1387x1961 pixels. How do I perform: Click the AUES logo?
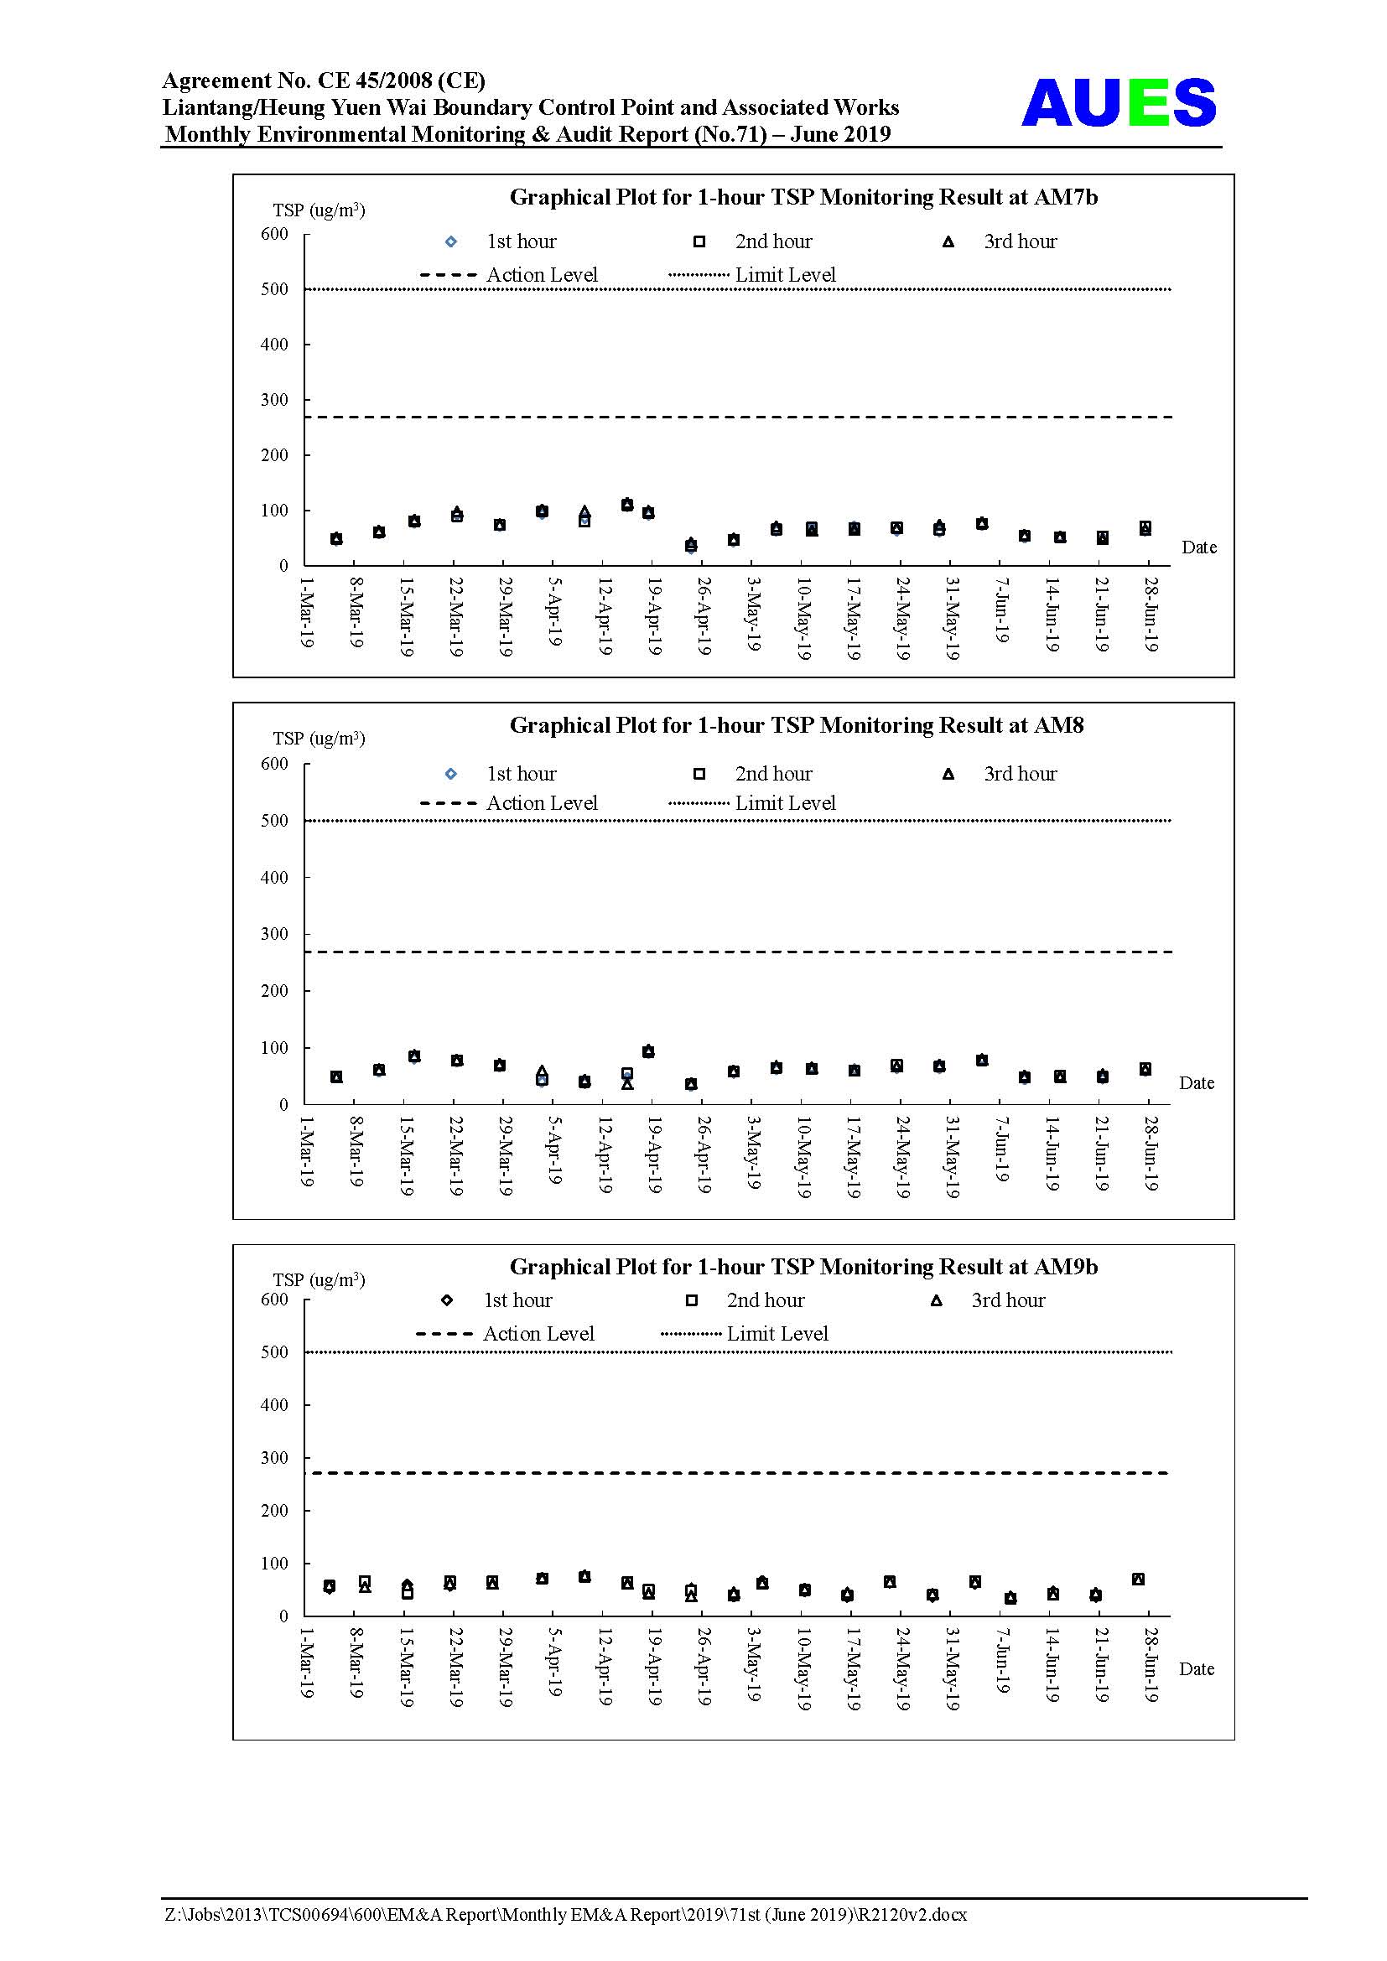pos(1118,102)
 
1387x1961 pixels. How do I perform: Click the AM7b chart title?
pos(803,197)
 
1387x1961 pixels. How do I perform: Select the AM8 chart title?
pos(797,725)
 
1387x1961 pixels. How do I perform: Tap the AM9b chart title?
pos(803,1267)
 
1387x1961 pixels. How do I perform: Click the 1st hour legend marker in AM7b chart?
pos(451,241)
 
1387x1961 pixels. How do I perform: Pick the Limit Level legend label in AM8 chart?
pos(785,803)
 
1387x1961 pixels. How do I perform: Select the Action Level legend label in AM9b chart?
pos(538,1334)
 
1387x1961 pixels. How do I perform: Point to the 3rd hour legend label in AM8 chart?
pos(1020,774)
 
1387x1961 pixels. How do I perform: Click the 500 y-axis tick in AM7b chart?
pos(274,289)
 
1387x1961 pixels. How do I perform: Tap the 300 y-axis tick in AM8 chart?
pos(274,934)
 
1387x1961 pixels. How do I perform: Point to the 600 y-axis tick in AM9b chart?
pos(274,1300)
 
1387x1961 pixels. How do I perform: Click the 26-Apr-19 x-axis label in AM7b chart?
pos(703,616)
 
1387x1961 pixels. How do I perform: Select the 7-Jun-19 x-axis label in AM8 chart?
pos(1001,1149)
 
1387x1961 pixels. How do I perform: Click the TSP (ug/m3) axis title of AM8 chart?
pos(319,738)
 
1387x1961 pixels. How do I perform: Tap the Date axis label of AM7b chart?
pos(1199,547)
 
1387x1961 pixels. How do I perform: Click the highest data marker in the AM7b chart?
pos(627,504)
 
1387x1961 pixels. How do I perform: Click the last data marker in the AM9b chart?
pos(1138,1580)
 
